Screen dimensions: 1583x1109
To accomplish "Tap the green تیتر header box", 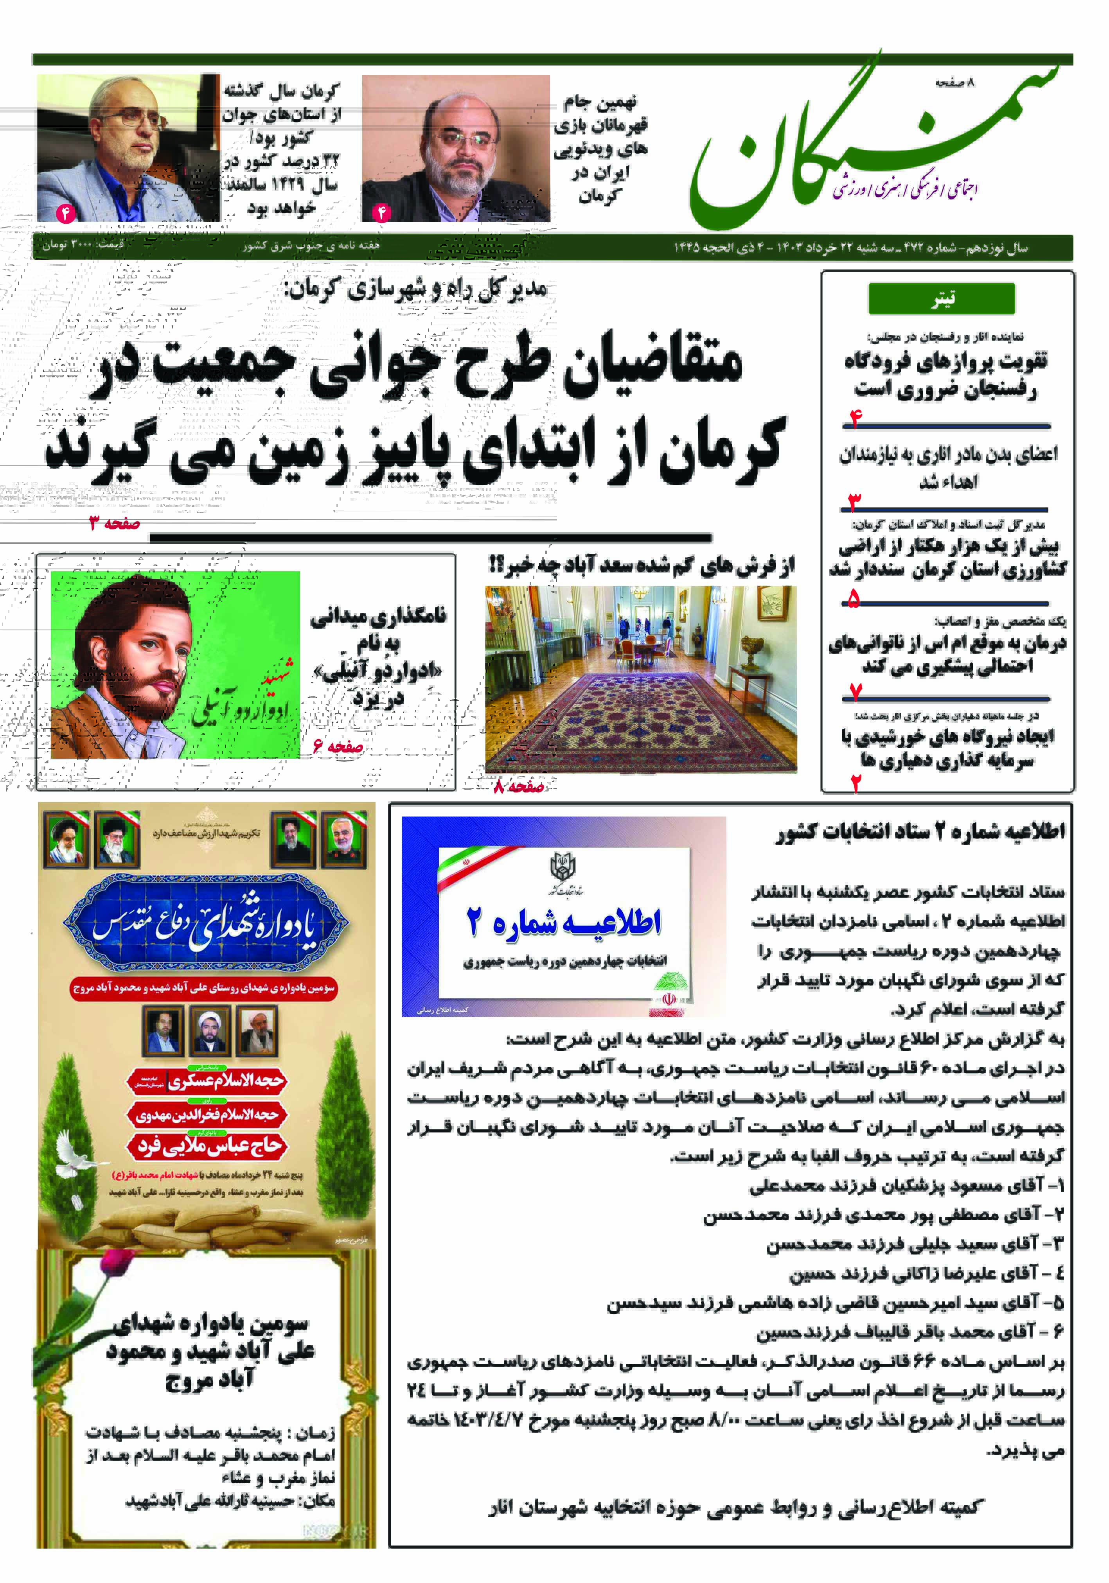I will [942, 298].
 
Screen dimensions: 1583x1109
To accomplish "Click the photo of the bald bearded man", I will [455, 148].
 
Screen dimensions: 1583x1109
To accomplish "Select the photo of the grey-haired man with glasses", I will [128, 148].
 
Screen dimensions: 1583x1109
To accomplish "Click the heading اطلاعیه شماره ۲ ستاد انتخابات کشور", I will [921, 831].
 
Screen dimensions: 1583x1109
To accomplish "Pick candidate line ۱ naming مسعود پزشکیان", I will [907, 1186].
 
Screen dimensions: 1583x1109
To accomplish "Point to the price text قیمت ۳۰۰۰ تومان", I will [83, 245].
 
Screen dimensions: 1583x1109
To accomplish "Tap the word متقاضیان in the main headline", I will [652, 362].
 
